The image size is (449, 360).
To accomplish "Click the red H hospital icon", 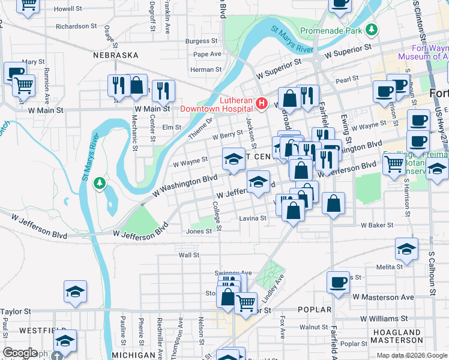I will (x=261, y=104).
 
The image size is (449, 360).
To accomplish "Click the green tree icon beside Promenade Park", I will (x=372, y=29).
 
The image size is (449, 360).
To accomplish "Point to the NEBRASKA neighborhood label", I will (x=116, y=55).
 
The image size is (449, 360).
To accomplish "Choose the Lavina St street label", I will (x=252, y=218).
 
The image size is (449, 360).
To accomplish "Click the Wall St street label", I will (x=188, y=255).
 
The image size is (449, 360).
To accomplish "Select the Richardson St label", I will (x=76, y=26).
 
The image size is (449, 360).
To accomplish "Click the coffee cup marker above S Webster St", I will (x=339, y=282).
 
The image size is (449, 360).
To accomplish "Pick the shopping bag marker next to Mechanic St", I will (x=137, y=85).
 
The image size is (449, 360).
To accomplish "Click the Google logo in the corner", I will (x=20, y=353).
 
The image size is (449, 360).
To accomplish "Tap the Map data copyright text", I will (x=411, y=355).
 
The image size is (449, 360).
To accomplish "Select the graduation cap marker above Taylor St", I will (x=75, y=291).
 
